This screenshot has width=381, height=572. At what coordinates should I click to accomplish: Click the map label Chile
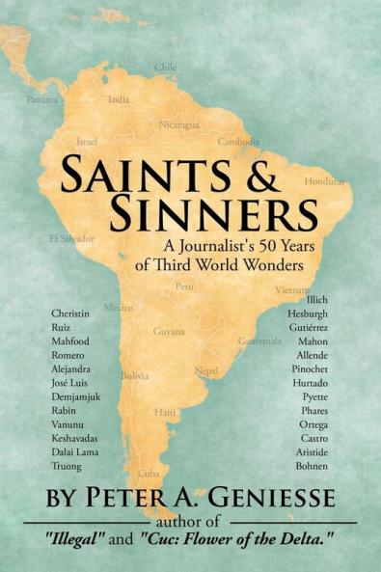[x=166, y=67]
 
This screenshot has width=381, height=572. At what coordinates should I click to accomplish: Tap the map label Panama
[x=42, y=99]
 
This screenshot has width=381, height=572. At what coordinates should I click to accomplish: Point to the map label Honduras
[x=323, y=181]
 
